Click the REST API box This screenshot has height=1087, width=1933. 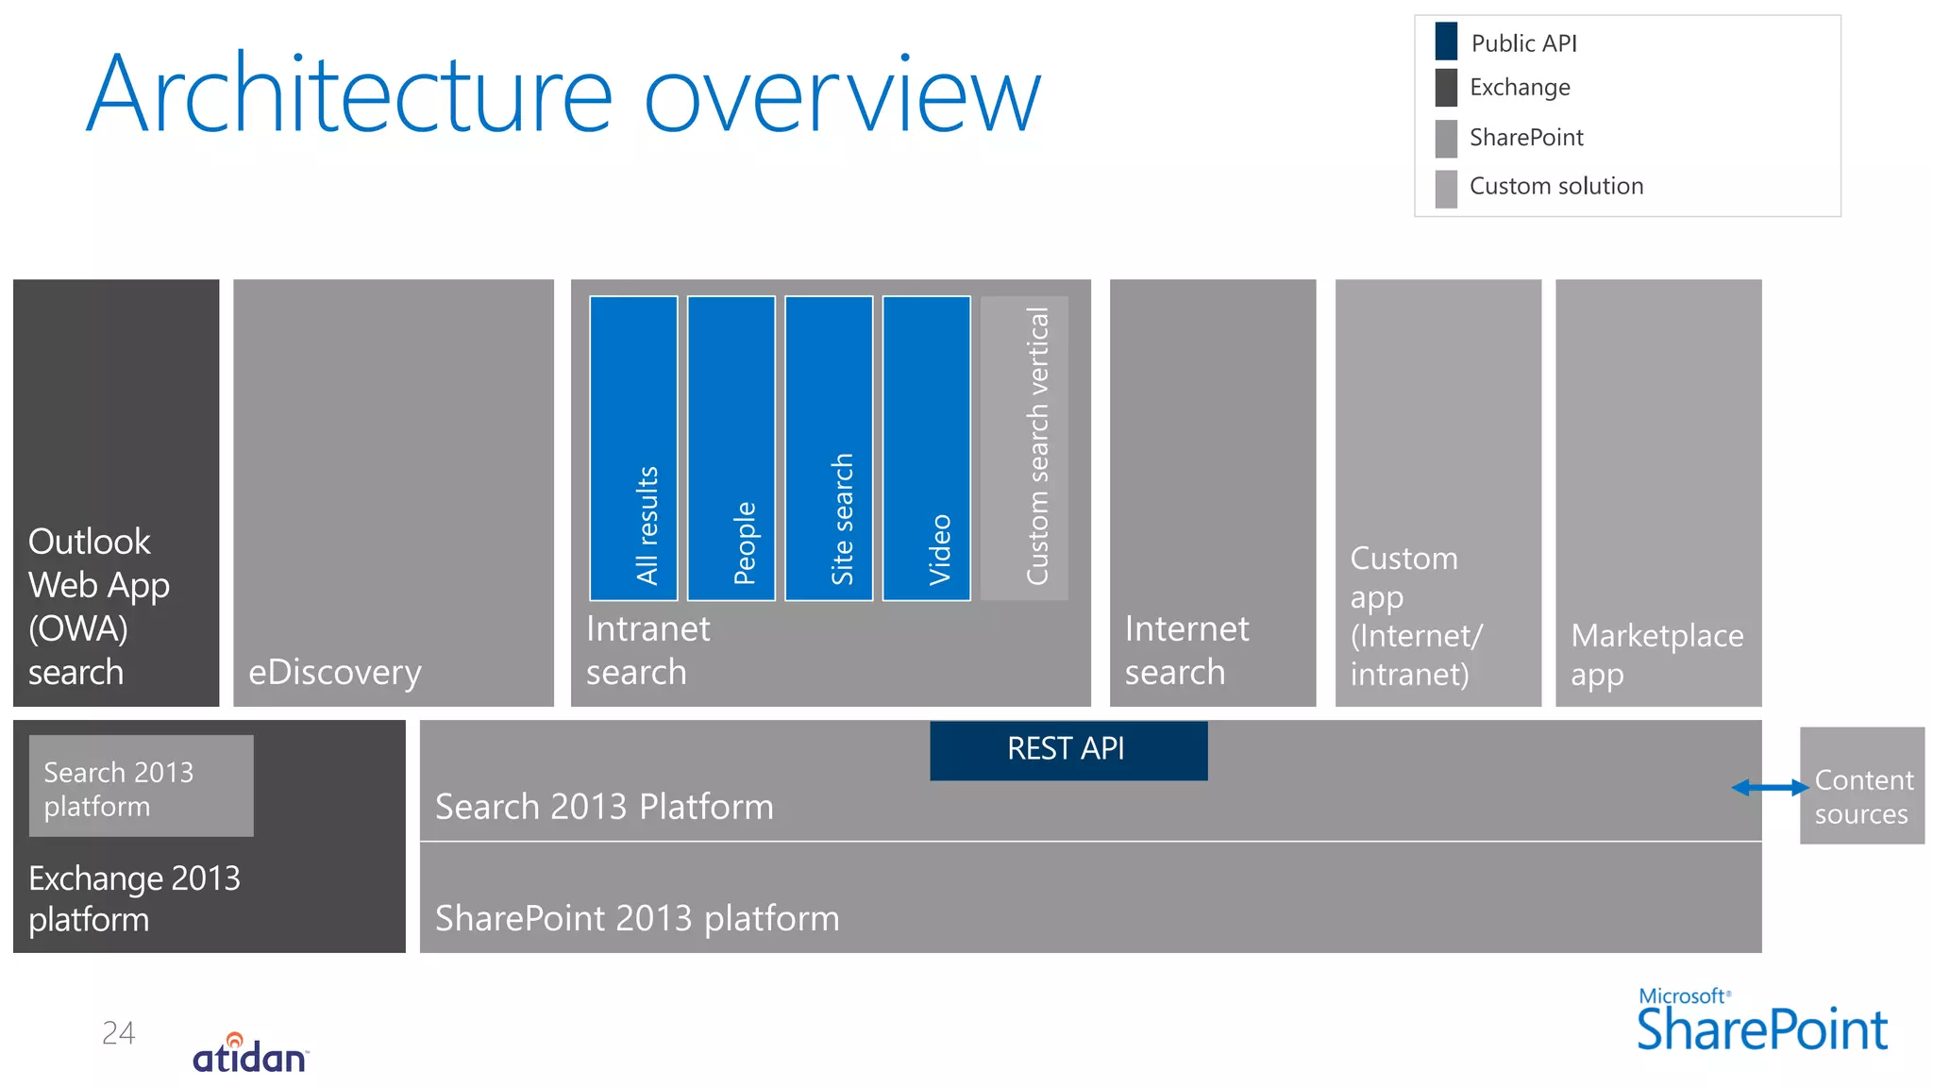[x=1067, y=750]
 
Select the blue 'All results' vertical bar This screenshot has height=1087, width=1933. [x=633, y=448]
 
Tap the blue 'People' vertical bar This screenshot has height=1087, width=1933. [x=731, y=448]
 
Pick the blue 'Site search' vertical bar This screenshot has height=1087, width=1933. [x=829, y=448]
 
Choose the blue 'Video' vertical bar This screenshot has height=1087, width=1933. [x=926, y=448]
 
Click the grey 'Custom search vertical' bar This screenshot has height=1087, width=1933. [x=1024, y=448]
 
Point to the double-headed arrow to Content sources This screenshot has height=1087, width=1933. [x=1769, y=787]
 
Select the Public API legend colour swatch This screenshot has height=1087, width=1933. [x=1445, y=42]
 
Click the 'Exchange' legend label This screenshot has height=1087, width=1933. [x=1520, y=88]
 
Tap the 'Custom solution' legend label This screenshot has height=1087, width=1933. [x=1555, y=186]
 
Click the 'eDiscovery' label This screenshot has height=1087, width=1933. [x=335, y=672]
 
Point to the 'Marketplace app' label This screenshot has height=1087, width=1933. [x=1656, y=654]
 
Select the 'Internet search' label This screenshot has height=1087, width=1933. [x=1186, y=649]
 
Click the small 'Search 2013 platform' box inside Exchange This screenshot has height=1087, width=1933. [x=141, y=786]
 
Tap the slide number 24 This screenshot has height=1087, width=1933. [x=118, y=1032]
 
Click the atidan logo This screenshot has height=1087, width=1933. [x=250, y=1054]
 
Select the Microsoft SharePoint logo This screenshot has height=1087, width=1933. [x=1761, y=1022]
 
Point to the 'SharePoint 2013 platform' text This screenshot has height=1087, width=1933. [x=637, y=918]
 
